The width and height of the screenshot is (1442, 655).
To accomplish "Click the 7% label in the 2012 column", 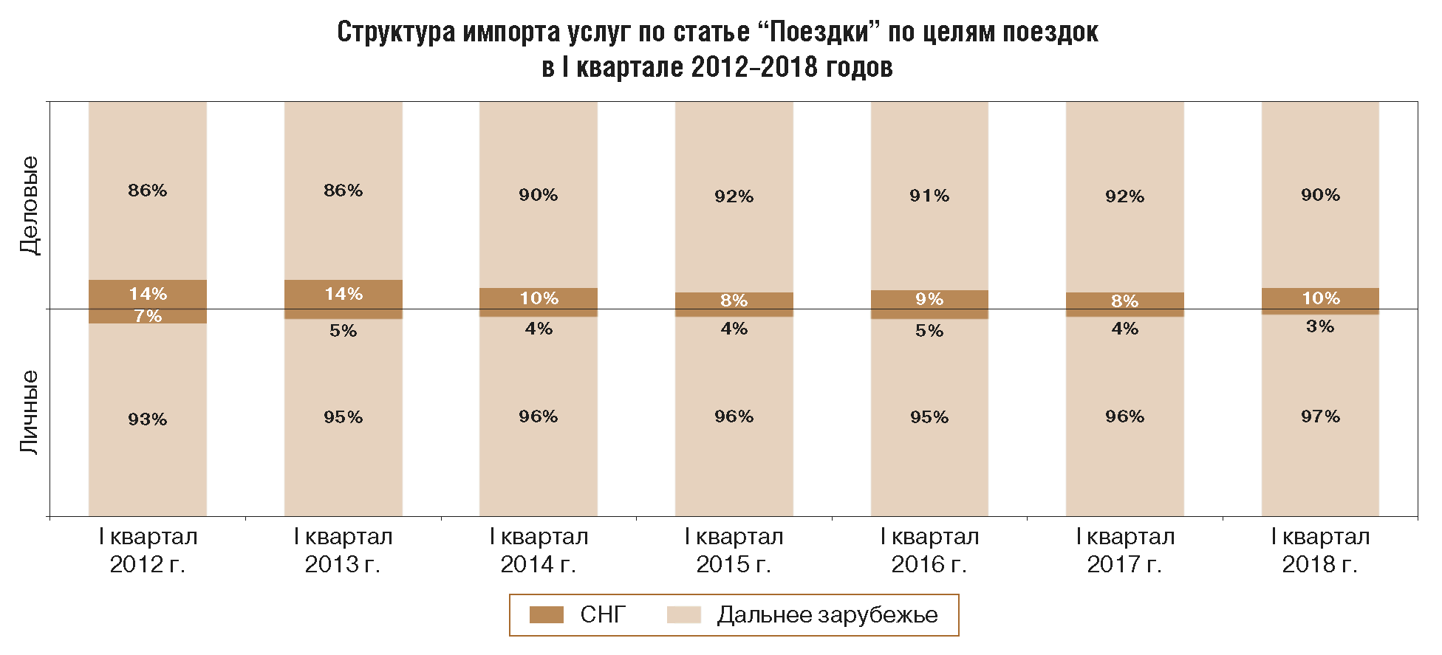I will [x=148, y=317].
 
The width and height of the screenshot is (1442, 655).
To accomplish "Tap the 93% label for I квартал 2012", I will [x=148, y=419].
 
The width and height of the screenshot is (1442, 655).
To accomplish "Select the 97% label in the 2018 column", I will [x=1320, y=416].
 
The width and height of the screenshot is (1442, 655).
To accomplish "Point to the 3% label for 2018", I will [x=1320, y=326].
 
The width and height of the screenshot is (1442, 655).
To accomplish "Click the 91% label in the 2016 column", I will [x=929, y=196].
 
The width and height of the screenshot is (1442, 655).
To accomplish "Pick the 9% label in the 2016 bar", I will [x=929, y=299].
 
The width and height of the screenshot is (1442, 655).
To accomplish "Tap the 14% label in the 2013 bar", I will [x=344, y=294].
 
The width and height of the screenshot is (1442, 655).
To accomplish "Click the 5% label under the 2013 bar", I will [x=344, y=331].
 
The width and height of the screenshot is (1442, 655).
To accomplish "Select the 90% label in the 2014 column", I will [x=539, y=195].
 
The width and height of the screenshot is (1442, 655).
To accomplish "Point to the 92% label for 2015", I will [x=734, y=196].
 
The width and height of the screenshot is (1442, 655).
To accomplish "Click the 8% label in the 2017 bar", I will [x=1124, y=301].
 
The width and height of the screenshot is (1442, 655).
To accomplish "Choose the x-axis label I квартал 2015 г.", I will [x=734, y=550].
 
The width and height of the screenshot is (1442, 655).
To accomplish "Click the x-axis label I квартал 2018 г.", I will [x=1320, y=550].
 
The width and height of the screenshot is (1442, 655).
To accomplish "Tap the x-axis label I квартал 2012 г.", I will [x=148, y=550].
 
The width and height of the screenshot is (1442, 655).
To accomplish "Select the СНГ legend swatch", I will [x=547, y=614].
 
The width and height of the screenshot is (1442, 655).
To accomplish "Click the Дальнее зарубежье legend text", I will [x=827, y=614].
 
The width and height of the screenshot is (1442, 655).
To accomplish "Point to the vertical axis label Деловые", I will [x=30, y=205].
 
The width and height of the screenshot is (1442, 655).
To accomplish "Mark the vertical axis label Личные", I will [x=30, y=412].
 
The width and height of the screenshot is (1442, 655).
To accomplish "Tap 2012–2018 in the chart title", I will [x=754, y=67].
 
